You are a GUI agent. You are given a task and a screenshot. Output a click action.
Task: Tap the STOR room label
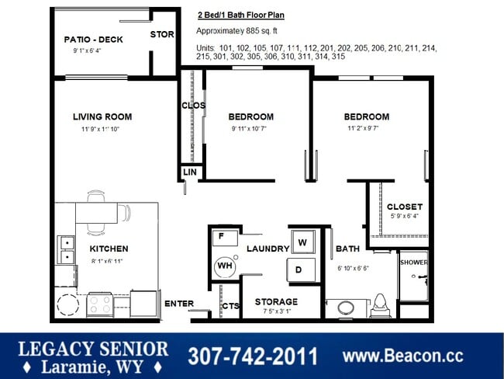pos(161,34)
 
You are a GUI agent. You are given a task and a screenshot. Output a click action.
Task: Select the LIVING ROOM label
pos(102,117)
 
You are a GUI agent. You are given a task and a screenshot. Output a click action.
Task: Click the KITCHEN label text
pos(109,249)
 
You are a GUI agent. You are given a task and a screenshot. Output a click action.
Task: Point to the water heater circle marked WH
pos(226,266)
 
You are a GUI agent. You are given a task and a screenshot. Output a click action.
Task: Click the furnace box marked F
pos(221,235)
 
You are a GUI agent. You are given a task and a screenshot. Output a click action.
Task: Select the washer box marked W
pos(302,242)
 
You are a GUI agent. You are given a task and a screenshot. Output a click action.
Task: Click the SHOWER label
pos(413,263)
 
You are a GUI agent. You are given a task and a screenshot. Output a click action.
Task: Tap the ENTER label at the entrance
pos(178,303)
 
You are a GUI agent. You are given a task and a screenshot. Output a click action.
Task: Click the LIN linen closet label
pos(189,172)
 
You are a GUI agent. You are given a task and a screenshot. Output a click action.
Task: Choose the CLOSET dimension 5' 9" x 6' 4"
pos(404,217)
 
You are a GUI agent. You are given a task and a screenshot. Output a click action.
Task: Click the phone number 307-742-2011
pos(253,356)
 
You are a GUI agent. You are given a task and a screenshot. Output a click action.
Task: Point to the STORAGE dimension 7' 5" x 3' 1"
pos(276,311)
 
